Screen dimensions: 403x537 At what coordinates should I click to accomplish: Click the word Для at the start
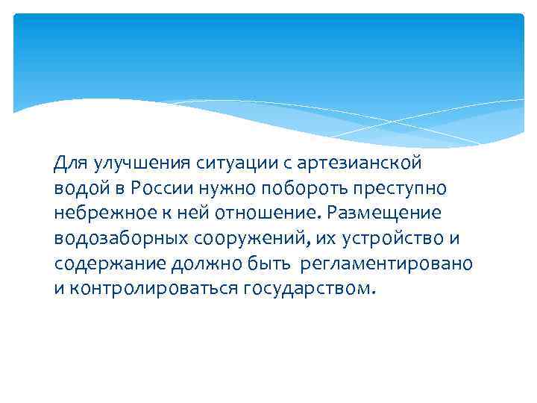pyautogui.click(x=70, y=163)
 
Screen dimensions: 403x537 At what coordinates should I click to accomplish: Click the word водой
pyautogui.click(x=80, y=188)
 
